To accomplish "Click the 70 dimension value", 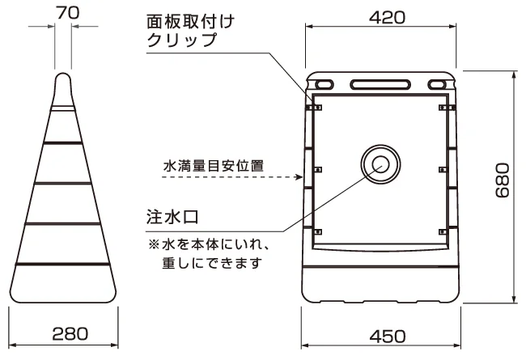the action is pos(67,12).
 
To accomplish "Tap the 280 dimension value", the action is pos(70,333).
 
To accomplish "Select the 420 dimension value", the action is pos(387,17).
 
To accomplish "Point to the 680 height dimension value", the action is pos(503,180).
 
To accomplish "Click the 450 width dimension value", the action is pos(388,337).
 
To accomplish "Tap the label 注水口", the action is pos(172,217).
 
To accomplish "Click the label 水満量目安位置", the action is pos(214,166).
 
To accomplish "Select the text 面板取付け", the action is pos(190,22).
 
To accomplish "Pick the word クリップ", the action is pos(182,40).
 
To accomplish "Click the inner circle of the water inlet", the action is pos(381,164).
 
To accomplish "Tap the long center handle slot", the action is pos(380,85).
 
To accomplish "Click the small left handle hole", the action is pos(324,84).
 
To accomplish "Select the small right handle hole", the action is pos(437,85).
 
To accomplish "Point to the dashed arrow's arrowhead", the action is pos(299,177).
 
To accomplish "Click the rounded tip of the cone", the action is pos(63,76).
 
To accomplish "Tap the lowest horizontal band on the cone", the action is pos(63,264).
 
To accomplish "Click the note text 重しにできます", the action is pos(212,263).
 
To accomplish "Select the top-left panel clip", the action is pos(316,108).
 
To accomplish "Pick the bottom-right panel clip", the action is pos(443,232).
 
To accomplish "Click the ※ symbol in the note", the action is pos(154,244).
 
